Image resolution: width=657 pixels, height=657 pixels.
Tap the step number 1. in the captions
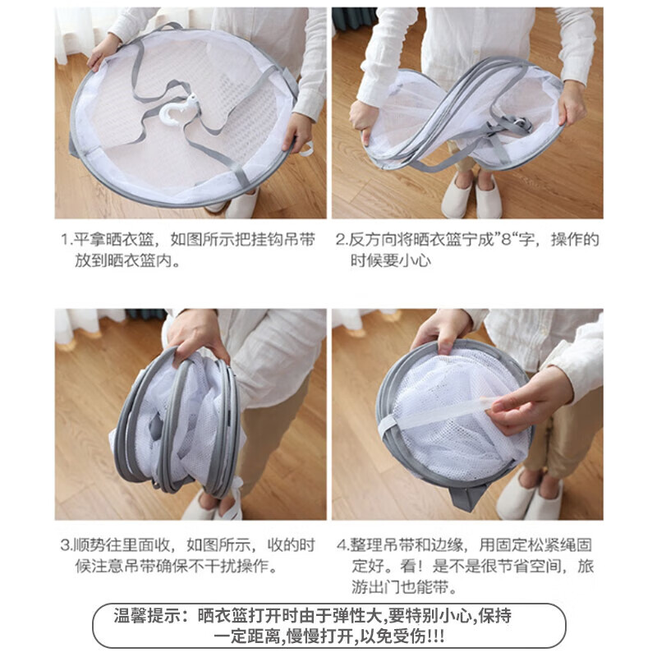click(67, 240)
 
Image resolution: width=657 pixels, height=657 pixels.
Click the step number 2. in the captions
click(341, 240)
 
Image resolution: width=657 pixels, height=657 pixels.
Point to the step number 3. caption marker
click(67, 544)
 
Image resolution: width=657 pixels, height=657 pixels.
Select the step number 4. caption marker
click(341, 544)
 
